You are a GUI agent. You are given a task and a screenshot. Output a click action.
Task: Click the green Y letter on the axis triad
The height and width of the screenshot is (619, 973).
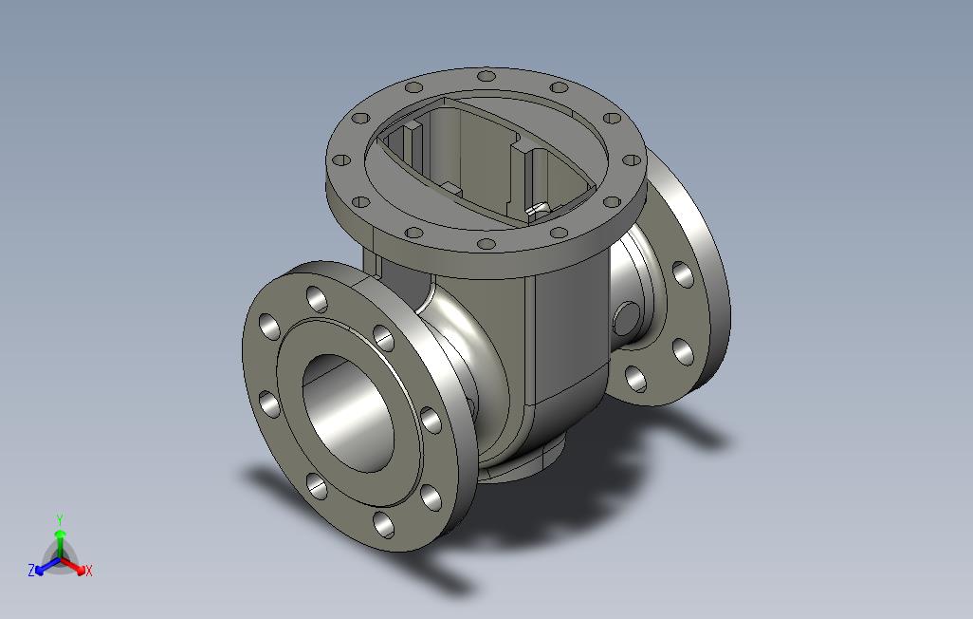pyautogui.click(x=60, y=519)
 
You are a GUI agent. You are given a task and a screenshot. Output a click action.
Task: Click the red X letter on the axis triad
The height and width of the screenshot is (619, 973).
pyautogui.click(x=89, y=570)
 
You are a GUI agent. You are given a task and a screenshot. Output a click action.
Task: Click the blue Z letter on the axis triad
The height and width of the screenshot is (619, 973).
pyautogui.click(x=31, y=570)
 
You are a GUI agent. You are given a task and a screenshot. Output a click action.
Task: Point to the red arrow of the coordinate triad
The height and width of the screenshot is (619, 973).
pyautogui.click(x=73, y=566)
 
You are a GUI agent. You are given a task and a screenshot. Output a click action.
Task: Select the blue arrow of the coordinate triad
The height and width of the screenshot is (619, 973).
pyautogui.click(x=47, y=566)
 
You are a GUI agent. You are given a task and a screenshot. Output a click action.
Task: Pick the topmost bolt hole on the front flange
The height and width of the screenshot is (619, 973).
pyautogui.click(x=317, y=299)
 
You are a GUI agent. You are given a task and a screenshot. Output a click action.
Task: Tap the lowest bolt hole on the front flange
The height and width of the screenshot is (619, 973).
pyautogui.click(x=383, y=524)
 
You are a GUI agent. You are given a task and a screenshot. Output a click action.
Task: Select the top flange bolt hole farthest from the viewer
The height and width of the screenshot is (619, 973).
pyautogui.click(x=486, y=77)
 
